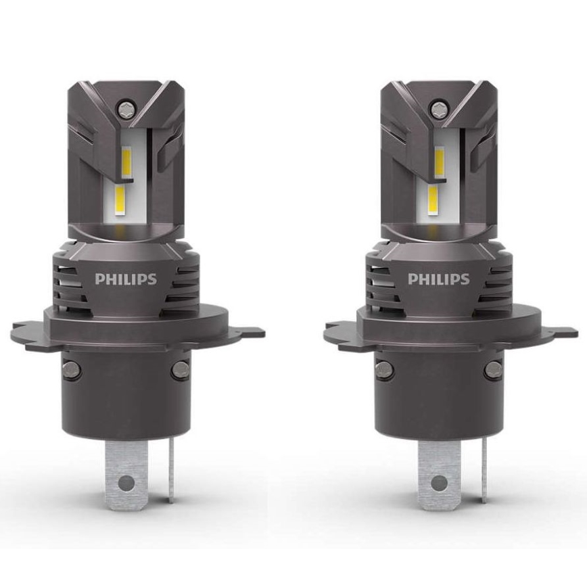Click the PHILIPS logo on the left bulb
(x=126, y=279)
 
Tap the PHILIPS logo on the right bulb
(x=438, y=279)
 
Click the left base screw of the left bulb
(x=70, y=369)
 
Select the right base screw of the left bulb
(x=181, y=369)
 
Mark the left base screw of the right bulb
(x=383, y=369)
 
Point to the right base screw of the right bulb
(x=494, y=369)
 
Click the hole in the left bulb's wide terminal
(x=125, y=483)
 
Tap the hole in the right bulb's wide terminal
(x=438, y=483)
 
